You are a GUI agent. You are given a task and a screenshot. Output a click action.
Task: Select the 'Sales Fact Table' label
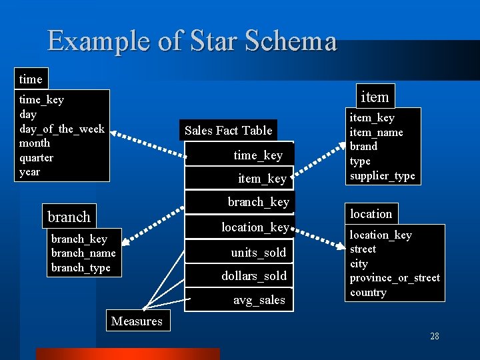coord(228,131)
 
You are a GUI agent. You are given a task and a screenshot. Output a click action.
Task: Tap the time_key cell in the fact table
coord(258,155)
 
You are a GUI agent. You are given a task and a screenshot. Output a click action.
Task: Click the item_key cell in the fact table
coord(262,179)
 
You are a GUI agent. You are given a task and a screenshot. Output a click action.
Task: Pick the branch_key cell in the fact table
coord(259,202)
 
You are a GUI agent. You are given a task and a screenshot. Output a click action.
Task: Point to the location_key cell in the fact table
coord(255,227)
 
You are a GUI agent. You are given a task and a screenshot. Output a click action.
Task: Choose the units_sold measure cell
coord(259,253)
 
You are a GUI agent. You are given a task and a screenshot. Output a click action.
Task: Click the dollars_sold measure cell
coord(254,276)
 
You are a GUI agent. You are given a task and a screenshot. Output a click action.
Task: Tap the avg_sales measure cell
coord(259,300)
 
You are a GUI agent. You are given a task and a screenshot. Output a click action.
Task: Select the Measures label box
coord(137,321)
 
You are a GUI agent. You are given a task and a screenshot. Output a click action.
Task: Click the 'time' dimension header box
coord(31,79)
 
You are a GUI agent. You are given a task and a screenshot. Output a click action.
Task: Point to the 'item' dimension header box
coord(374,97)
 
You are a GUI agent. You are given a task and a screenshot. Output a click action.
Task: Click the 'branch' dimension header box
coord(69,217)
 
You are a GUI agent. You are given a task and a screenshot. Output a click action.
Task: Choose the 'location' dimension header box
coord(371,214)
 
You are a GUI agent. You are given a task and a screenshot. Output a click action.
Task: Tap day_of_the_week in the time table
coord(62,129)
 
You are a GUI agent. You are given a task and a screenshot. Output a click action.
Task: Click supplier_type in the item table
coord(383,176)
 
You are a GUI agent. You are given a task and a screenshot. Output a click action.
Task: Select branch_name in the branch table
coord(83,253)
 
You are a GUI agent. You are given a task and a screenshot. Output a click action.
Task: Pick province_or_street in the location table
coord(395,278)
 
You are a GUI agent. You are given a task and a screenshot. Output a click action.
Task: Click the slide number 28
coord(435,336)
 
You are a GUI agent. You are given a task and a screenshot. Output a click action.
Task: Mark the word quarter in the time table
coord(36,158)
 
